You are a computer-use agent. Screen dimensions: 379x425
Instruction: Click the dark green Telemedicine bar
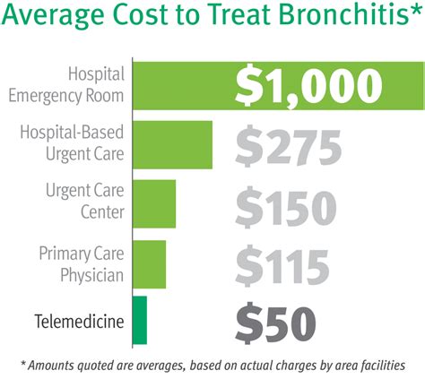click(x=139, y=320)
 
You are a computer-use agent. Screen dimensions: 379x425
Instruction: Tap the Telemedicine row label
click(x=78, y=320)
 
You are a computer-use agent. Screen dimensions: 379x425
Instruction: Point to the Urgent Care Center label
click(x=84, y=203)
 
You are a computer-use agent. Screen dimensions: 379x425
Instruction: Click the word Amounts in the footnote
click(x=55, y=364)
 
